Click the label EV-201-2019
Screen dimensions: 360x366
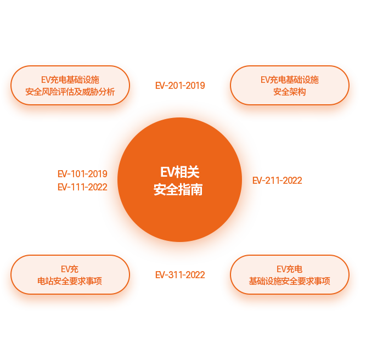tap(180, 86)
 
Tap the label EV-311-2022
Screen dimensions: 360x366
tap(180, 275)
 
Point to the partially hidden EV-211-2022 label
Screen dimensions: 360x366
tap(283, 181)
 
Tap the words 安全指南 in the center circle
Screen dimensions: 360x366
tap(178, 190)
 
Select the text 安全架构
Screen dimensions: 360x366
tap(289, 92)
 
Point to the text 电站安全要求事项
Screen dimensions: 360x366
tap(70, 282)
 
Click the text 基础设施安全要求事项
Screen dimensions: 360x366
tap(289, 282)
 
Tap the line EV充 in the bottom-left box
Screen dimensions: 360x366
tap(70, 269)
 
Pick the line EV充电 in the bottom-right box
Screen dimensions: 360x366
tap(289, 269)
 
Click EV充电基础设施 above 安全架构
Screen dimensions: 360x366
tap(289, 80)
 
